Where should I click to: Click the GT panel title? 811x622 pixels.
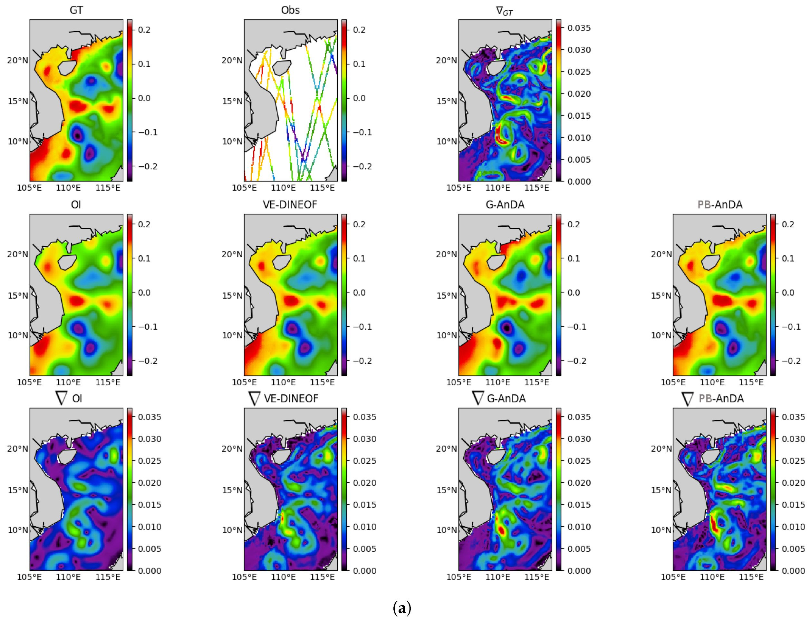coord(76,10)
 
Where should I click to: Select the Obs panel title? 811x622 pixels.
coord(290,10)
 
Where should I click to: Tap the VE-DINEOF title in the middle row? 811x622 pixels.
coord(290,204)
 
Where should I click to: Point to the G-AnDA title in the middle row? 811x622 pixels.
coord(505,204)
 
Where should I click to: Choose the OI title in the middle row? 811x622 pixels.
coord(76,204)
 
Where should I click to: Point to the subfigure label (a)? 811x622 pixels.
coord(401,608)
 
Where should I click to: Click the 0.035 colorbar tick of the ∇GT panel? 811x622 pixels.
coord(579,28)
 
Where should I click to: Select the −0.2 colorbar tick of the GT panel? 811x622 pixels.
coord(148,167)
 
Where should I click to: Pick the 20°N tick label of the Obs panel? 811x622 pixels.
coord(232,60)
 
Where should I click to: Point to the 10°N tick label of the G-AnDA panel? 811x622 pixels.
coord(447,335)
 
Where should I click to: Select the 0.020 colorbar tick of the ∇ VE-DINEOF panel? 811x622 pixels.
coord(364,483)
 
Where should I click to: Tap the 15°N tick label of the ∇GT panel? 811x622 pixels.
coord(447,101)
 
